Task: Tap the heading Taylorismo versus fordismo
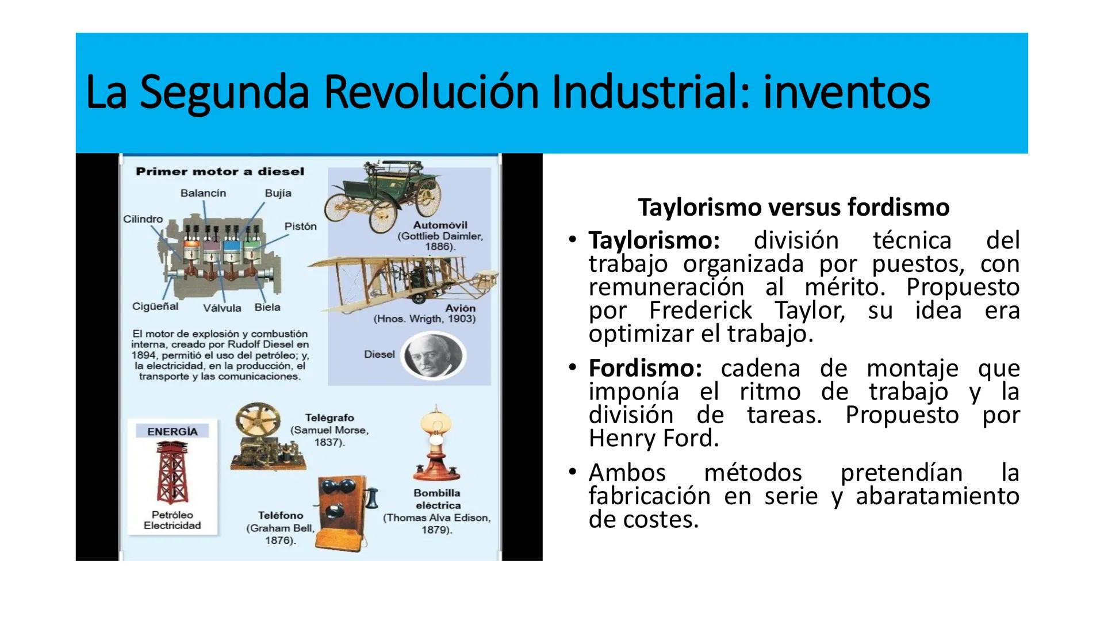point(793,207)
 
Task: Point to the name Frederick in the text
point(700,310)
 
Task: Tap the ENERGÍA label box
point(172,431)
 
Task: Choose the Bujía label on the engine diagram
point(278,193)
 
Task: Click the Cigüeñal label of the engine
point(155,306)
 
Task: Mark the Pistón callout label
point(301,226)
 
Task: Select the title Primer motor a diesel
point(220,171)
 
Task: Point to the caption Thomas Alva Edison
point(437,517)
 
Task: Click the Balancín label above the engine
point(203,193)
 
